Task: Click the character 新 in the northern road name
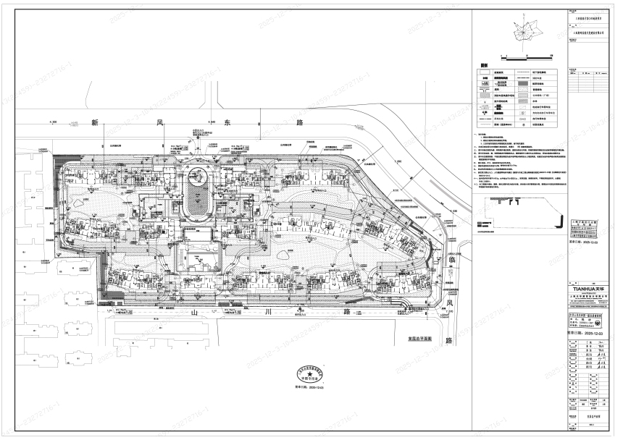point(94,124)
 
